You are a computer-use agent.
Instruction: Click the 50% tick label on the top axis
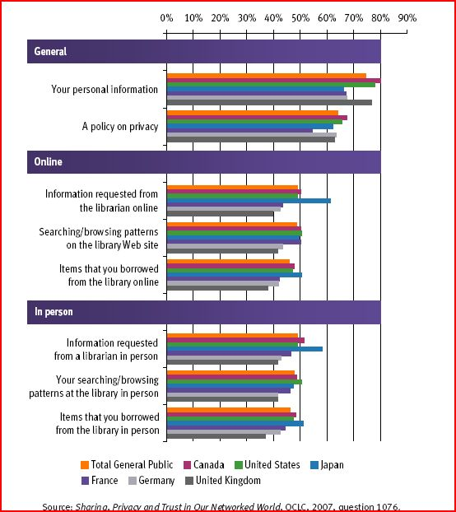300,18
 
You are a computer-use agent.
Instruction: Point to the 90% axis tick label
407,18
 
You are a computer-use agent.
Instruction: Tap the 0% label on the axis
166,18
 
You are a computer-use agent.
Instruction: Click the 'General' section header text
50,51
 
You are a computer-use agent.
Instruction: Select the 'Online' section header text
48,161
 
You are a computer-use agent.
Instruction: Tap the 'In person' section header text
54,312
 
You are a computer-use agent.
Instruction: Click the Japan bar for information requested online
249,201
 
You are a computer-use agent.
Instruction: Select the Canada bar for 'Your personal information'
273,81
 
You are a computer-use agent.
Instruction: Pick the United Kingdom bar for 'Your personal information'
269,103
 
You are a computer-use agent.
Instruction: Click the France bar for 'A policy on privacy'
240,131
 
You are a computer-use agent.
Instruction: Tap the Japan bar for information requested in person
244,349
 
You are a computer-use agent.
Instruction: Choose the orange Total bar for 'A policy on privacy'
253,113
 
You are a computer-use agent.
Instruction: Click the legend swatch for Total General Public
85,465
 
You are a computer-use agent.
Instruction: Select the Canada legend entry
204,465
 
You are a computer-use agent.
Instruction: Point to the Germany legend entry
151,481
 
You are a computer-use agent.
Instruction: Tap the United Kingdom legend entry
223,481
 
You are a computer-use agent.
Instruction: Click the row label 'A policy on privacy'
120,127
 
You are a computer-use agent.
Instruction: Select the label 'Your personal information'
105,90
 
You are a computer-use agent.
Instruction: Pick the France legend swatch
85,481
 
